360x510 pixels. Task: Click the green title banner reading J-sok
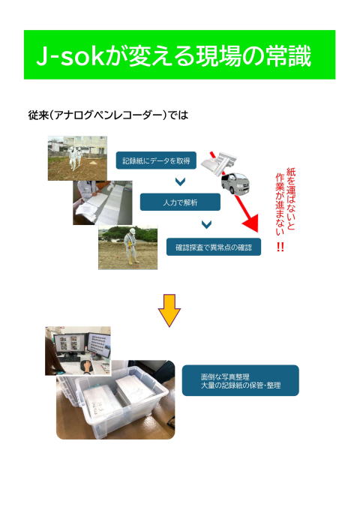(x=179, y=55)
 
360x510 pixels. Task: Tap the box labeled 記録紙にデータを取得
(x=156, y=160)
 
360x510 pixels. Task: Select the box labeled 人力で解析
(x=180, y=202)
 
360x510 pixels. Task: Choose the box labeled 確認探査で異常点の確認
(x=214, y=247)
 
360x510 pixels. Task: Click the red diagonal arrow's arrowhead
(x=251, y=223)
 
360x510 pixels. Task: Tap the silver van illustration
(x=236, y=183)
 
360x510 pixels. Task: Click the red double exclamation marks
(x=280, y=247)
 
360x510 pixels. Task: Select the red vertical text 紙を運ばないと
(x=291, y=199)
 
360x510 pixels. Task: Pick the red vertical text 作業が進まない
(x=280, y=204)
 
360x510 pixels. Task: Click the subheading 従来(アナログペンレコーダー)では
(x=108, y=115)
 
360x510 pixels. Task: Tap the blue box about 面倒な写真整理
(x=240, y=380)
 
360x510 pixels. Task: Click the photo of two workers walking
(x=77, y=158)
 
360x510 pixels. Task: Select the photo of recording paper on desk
(x=103, y=203)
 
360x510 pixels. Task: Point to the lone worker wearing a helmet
(x=131, y=246)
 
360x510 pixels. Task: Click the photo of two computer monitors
(x=78, y=351)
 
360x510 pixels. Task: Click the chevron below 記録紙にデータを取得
(x=180, y=181)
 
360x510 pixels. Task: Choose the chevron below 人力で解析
(x=206, y=224)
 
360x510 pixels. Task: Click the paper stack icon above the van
(x=218, y=163)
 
